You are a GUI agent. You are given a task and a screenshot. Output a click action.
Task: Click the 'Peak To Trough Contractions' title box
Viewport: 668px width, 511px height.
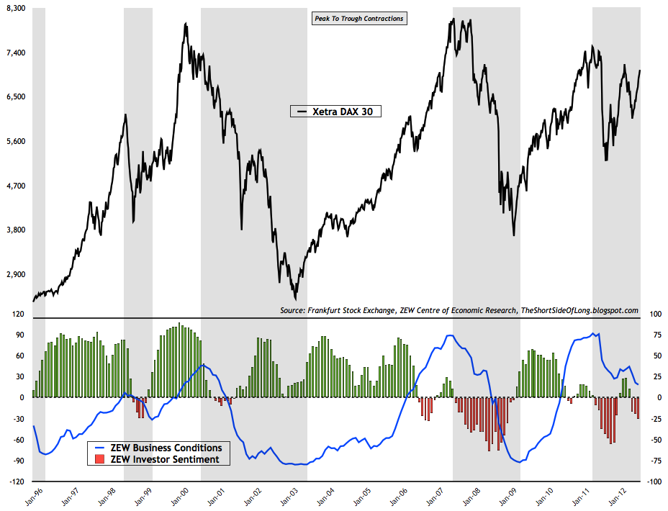tap(358, 19)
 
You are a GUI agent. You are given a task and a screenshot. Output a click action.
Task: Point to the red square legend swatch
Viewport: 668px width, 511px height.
tap(100, 458)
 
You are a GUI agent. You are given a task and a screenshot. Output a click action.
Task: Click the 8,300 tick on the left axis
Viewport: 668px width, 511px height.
tap(15, 9)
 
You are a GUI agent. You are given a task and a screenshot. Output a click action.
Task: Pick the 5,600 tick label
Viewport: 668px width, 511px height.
tap(15, 142)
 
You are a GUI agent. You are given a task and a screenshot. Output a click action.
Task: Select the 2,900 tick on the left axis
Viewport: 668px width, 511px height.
tap(15, 275)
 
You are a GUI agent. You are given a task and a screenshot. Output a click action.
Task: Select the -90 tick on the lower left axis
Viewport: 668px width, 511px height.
tap(17, 461)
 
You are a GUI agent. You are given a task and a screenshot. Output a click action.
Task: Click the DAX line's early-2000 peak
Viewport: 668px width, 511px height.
tap(186, 24)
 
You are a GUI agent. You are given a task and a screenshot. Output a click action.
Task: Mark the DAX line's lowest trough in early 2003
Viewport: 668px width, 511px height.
tap(295, 299)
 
